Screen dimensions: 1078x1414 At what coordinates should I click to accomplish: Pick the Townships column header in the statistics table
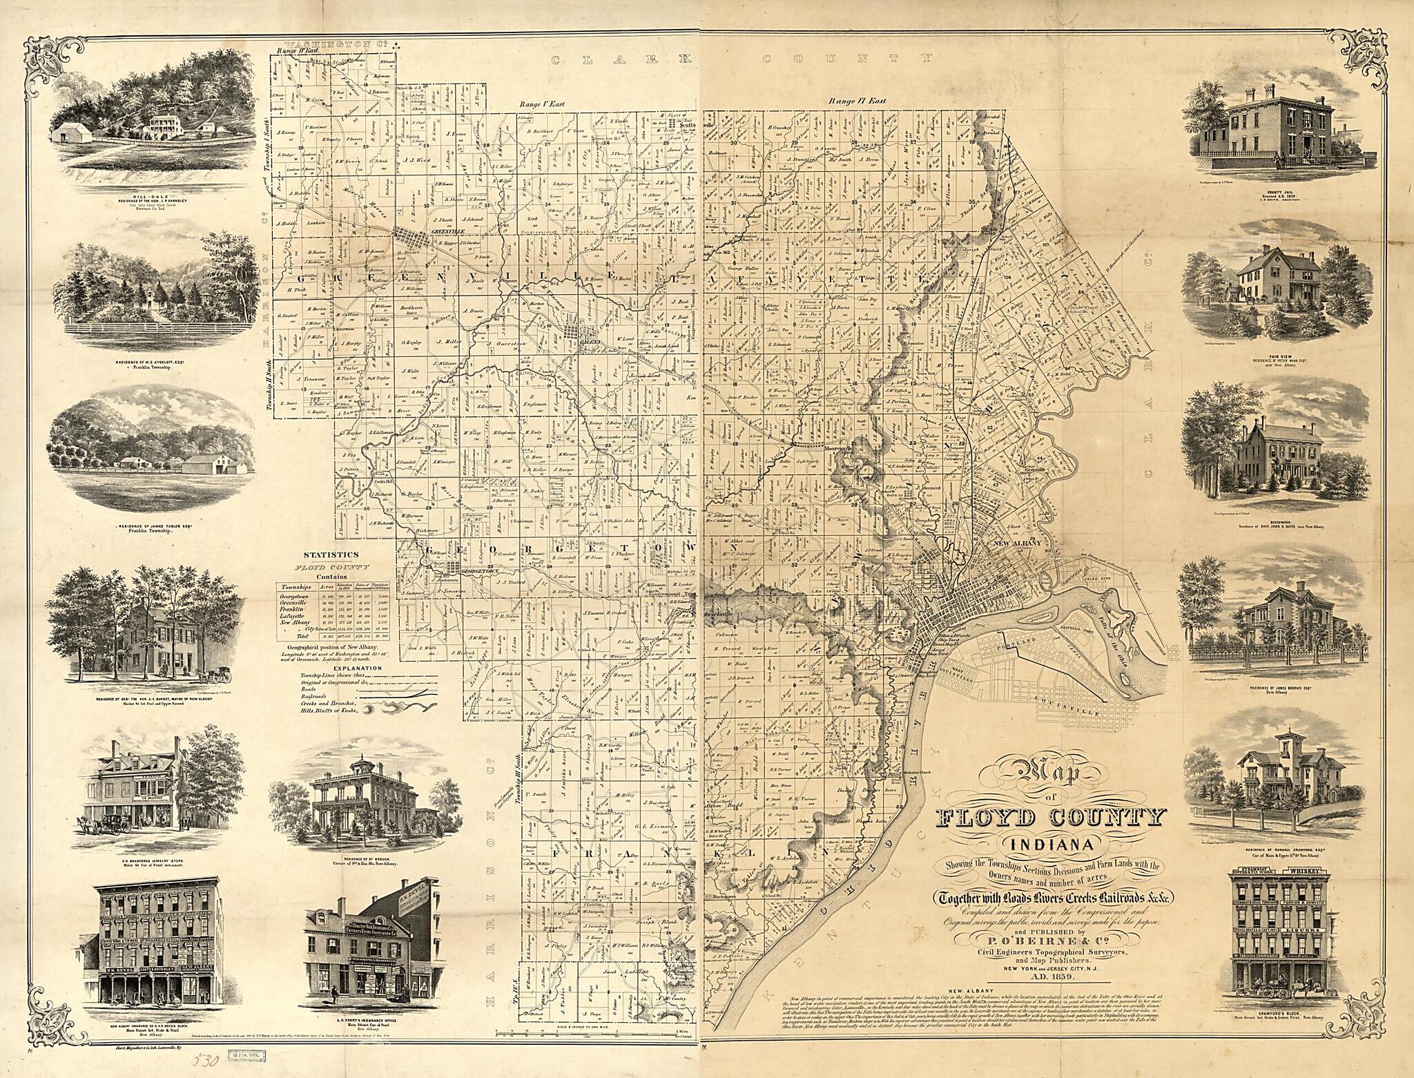pos(296,586)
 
